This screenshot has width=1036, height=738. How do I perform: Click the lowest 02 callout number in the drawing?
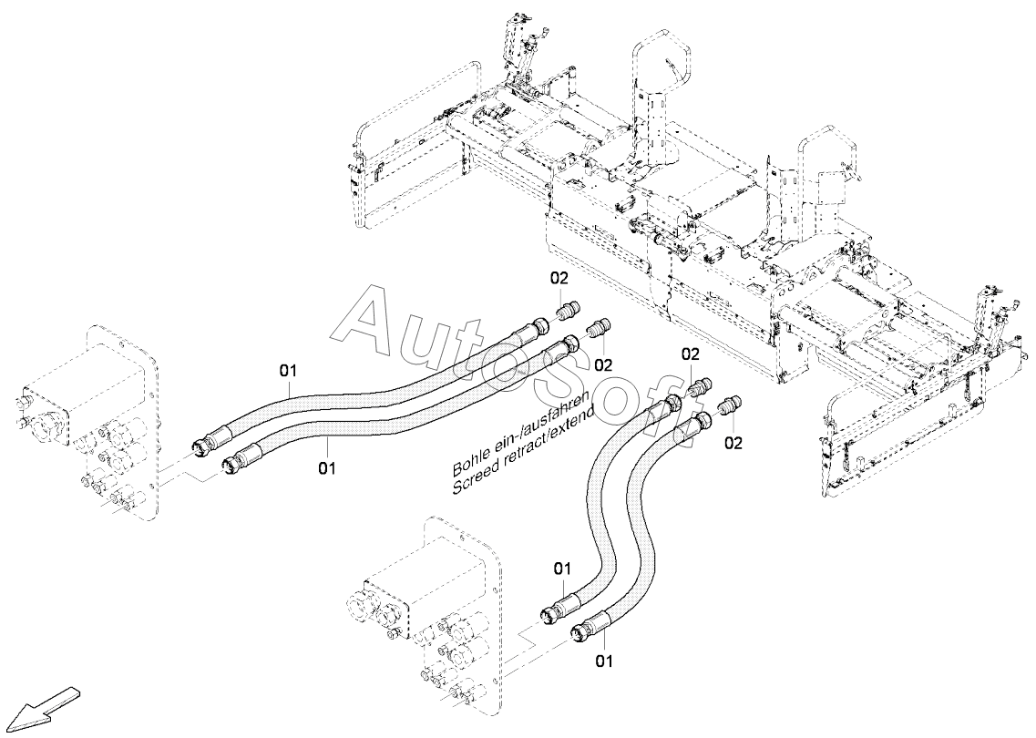pos(733,442)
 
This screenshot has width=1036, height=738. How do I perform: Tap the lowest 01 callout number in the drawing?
pos(604,660)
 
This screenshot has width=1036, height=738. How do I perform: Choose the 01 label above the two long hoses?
pos(288,371)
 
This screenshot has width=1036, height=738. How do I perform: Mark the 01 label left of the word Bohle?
pos(327,468)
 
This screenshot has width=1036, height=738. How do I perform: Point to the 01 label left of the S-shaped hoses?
pos(561,568)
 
